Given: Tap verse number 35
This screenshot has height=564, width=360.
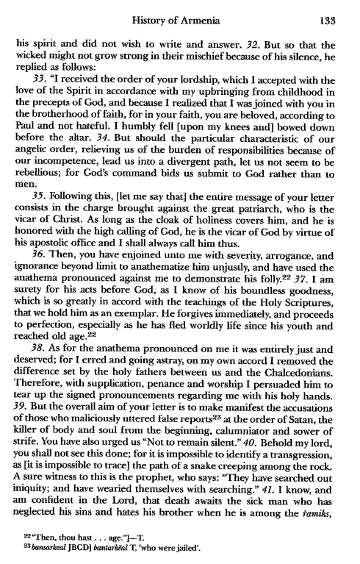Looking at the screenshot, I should [x=39, y=214].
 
